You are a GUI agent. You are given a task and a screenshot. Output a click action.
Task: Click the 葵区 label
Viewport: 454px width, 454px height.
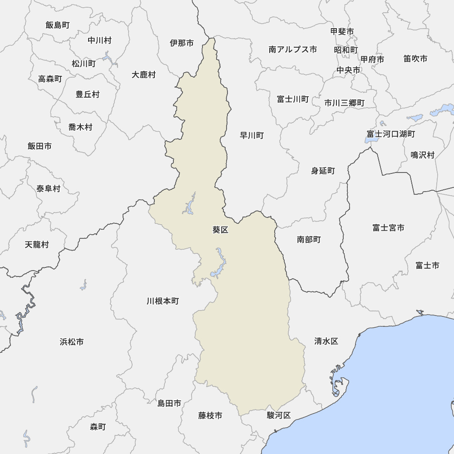point(220,230)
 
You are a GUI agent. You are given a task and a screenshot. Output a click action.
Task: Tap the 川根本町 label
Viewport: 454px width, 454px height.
point(163,301)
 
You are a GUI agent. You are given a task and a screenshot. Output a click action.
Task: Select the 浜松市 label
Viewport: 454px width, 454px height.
point(71,342)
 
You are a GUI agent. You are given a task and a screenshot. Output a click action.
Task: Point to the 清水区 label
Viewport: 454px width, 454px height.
point(326,341)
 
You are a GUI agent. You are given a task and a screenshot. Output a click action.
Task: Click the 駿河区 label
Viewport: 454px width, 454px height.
point(279,415)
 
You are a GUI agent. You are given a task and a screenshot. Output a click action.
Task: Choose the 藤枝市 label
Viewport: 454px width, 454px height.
point(210,415)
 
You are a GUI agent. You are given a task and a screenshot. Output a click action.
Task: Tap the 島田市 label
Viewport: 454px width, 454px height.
point(169,403)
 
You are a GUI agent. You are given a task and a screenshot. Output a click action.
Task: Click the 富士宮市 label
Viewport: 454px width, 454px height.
point(388,228)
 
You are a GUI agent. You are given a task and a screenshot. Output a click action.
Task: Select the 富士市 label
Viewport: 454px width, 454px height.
point(427,266)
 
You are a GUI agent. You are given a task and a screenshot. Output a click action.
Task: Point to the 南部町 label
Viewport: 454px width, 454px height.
point(309,239)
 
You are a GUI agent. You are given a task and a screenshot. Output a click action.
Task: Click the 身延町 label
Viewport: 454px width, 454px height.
point(323,171)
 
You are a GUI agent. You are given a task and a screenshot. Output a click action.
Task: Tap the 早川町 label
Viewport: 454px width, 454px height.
point(252,135)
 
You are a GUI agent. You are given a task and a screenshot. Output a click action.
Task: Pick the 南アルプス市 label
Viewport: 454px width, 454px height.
point(293,49)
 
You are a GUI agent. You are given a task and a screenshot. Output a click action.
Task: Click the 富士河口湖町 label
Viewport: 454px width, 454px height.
point(391,134)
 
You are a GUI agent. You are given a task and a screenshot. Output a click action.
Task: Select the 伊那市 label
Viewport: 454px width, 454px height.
point(182,43)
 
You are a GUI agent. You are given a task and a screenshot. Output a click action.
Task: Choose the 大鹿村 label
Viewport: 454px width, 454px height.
point(143,75)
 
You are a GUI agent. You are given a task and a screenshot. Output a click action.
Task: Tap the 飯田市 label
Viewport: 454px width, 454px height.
point(39,146)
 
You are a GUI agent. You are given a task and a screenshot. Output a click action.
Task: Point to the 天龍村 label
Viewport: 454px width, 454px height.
point(37,245)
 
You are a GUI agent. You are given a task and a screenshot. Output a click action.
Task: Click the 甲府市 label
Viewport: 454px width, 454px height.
point(372,59)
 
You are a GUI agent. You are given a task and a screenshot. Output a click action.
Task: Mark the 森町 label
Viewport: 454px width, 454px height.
point(98,427)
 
